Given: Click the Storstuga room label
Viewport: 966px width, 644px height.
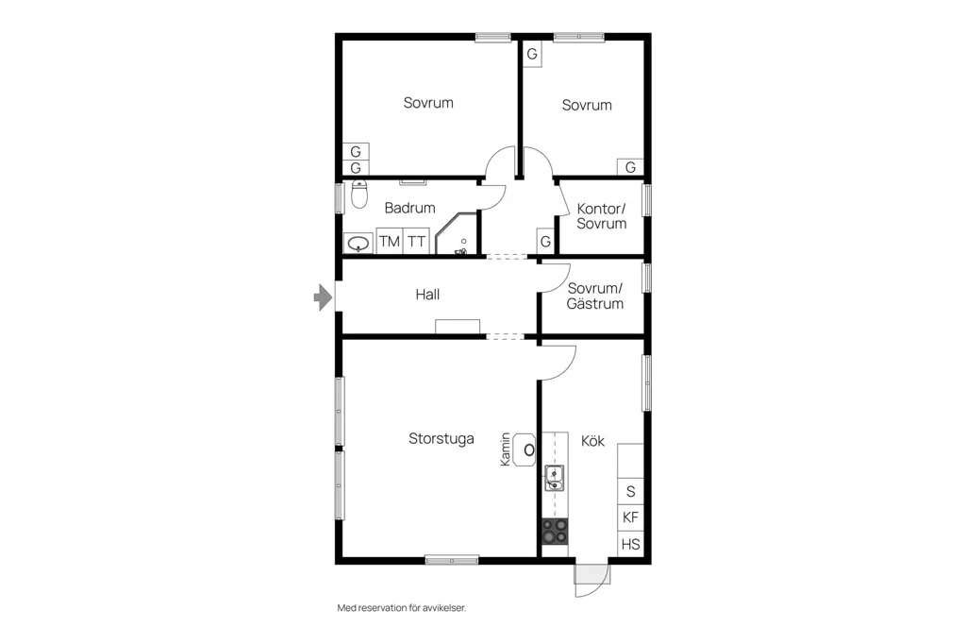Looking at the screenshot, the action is point(441,438).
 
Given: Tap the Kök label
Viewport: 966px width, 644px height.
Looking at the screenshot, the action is point(592,440).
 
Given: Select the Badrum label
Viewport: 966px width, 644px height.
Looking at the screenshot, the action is point(409,208).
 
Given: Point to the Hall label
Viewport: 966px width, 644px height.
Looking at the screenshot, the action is point(427,295).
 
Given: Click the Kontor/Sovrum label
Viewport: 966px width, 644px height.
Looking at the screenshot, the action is point(601,216).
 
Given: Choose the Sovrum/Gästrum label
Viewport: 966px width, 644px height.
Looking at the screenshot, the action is point(595,296).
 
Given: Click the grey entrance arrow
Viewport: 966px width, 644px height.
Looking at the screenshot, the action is point(323,297).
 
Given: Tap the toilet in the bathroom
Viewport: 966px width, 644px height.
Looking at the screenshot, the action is point(359,194).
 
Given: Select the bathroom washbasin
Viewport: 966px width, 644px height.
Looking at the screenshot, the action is point(358,244).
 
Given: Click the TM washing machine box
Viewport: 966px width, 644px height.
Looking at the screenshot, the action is point(390,241).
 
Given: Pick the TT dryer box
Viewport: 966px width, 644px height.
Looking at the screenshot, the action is point(416,241).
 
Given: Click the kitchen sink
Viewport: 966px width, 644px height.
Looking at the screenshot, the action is point(555,478).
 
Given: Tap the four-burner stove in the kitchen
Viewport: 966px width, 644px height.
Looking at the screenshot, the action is point(555,532).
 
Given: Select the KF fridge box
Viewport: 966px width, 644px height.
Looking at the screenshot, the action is point(630,517).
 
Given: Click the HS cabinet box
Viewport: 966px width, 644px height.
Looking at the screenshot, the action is point(630,544).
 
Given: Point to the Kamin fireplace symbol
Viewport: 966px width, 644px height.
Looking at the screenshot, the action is point(525,449).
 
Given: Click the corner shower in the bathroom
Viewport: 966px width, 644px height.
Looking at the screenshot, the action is point(457,234).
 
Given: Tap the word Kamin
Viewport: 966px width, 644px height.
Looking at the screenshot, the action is point(506,449).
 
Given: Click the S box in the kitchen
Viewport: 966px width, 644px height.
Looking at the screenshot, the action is point(630,491).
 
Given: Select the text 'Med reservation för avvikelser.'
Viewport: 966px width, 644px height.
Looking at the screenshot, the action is point(402,607).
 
